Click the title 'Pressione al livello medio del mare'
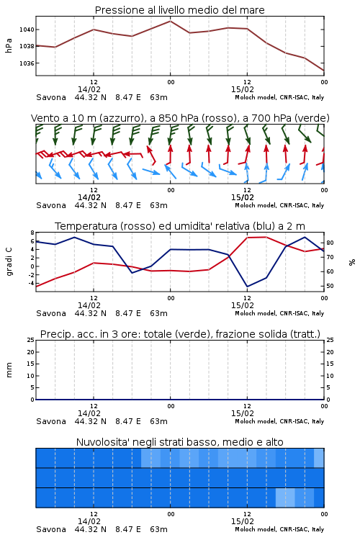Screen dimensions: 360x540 click(x=179, y=10)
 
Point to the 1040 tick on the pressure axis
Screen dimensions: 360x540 click(x=27, y=30)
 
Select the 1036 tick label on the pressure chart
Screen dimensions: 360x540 click(x=27, y=63)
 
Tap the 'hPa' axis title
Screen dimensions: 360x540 click(x=9, y=46)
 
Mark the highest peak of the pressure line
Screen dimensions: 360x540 click(x=170, y=21)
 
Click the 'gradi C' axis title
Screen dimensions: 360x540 click(x=9, y=262)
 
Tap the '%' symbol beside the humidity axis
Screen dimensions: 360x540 click(x=352, y=262)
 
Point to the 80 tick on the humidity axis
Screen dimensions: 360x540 click(x=330, y=243)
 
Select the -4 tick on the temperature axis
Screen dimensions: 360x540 click(x=31, y=283)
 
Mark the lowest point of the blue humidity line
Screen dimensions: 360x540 click(x=247, y=286)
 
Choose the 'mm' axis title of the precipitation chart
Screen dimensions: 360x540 click(x=9, y=370)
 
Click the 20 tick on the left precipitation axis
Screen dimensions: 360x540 click(x=31, y=352)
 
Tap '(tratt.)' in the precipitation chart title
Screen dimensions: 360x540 click(x=305, y=334)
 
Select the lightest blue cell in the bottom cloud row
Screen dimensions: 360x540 click(x=285, y=498)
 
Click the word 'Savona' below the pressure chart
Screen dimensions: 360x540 click(x=51, y=97)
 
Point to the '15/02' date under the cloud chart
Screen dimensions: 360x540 click(x=243, y=521)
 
